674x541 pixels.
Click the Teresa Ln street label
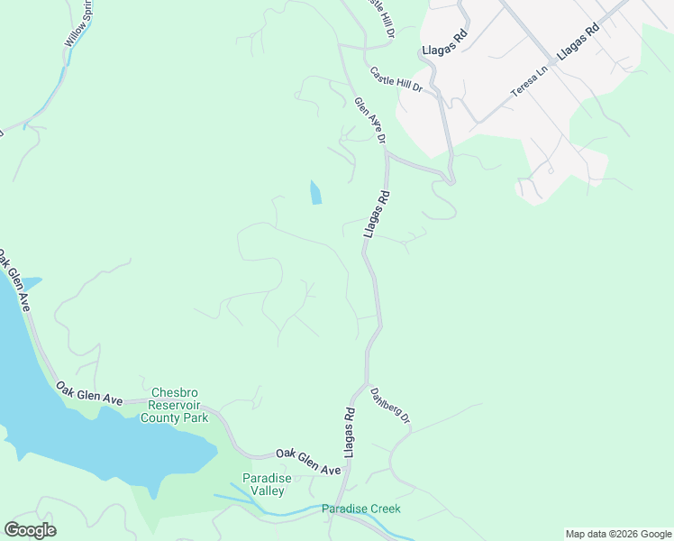(x=530, y=82)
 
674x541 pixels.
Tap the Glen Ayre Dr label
(x=370, y=121)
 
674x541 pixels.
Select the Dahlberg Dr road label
(x=390, y=407)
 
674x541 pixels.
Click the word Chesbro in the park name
(x=175, y=392)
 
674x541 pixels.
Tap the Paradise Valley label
(x=263, y=484)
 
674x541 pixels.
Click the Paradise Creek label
(x=361, y=509)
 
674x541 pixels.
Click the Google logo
(x=30, y=530)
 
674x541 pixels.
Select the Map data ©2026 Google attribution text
(x=617, y=534)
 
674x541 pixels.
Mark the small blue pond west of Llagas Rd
(x=315, y=193)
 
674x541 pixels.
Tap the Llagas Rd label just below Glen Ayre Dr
(x=377, y=214)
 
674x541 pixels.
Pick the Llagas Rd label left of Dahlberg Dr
(x=348, y=431)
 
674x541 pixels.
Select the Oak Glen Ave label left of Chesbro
(x=88, y=392)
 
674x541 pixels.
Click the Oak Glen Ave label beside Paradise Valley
(x=308, y=462)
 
